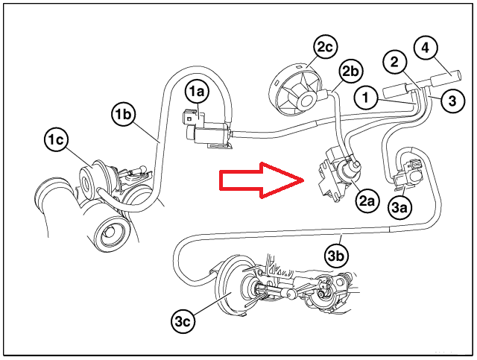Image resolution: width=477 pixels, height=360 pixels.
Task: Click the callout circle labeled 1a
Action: click(198, 92)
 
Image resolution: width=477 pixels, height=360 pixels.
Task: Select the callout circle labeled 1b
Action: click(124, 114)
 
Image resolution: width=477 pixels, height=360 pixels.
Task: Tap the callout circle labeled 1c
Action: click(55, 139)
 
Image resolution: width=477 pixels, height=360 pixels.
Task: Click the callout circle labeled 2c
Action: click(324, 48)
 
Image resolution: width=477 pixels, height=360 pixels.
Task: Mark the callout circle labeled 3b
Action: click(337, 256)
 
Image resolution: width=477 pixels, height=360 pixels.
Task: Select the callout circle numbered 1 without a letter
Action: click(366, 96)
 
